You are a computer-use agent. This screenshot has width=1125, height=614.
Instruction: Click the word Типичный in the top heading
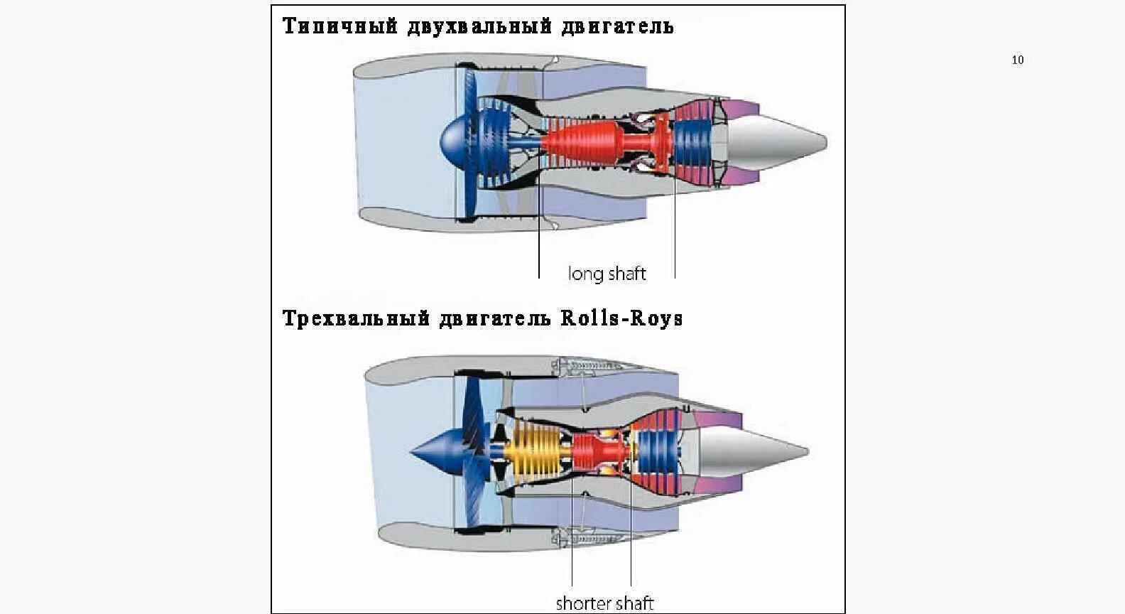coord(340,26)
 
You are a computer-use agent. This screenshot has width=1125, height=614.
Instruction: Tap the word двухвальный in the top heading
coord(479,26)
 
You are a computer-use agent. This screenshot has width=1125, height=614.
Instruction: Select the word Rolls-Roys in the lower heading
coord(621,318)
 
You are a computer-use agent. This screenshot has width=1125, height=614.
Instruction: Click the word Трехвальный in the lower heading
coord(356,319)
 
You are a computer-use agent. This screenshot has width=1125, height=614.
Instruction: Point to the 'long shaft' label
coord(607,274)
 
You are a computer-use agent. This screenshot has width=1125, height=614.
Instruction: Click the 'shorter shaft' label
coord(604,603)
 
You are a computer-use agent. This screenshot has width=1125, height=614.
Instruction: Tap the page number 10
coord(1018,60)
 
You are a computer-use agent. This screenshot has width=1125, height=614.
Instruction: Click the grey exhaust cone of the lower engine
coord(754,452)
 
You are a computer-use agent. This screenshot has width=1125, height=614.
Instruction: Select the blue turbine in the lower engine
coord(657,452)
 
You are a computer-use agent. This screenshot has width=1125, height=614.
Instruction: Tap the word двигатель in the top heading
coord(617,26)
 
